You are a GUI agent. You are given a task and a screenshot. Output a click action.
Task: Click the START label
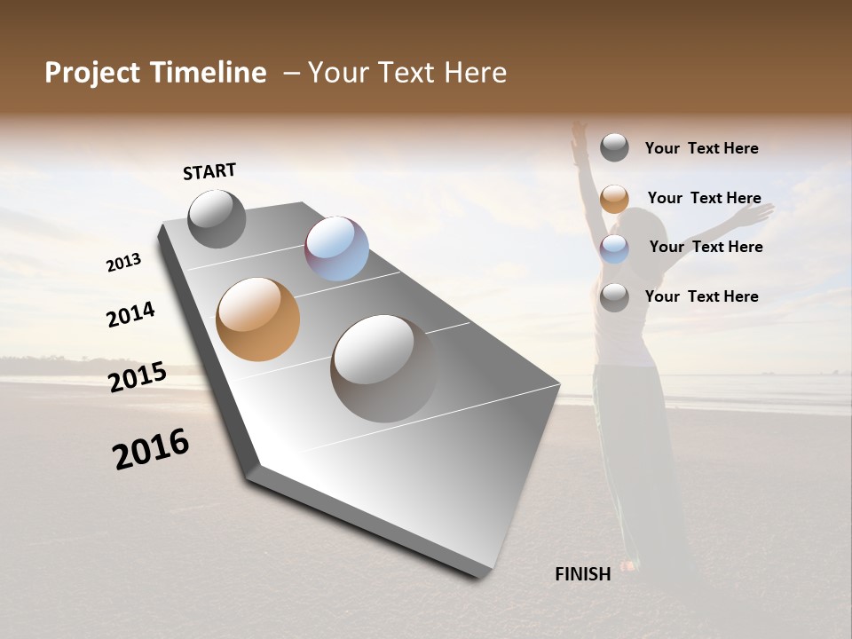pyautogui.click(x=209, y=171)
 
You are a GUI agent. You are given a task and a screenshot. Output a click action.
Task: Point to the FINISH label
pyautogui.click(x=583, y=574)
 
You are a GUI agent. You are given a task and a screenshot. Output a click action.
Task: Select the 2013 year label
pyautogui.click(x=123, y=263)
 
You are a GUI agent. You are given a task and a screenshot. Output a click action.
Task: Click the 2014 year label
pyautogui.click(x=130, y=314)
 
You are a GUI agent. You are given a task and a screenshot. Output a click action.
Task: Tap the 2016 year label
pyautogui.click(x=151, y=449)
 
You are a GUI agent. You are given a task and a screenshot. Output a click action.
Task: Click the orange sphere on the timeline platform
pyautogui.click(x=257, y=319)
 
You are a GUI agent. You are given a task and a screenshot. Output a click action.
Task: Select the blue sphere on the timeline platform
pyautogui.click(x=336, y=248)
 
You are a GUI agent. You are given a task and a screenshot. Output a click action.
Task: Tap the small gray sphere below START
pyautogui.click(x=217, y=218)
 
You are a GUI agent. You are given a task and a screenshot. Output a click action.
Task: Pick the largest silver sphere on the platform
pyautogui.click(x=383, y=367)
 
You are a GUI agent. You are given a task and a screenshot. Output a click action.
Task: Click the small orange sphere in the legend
pyautogui.click(x=614, y=199)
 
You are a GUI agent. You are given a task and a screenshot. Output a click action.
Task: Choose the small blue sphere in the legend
pyautogui.click(x=614, y=248)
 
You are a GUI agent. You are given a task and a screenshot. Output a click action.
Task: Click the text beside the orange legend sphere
pyautogui.click(x=704, y=198)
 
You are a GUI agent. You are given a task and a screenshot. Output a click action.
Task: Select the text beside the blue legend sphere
pyautogui.click(x=706, y=247)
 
